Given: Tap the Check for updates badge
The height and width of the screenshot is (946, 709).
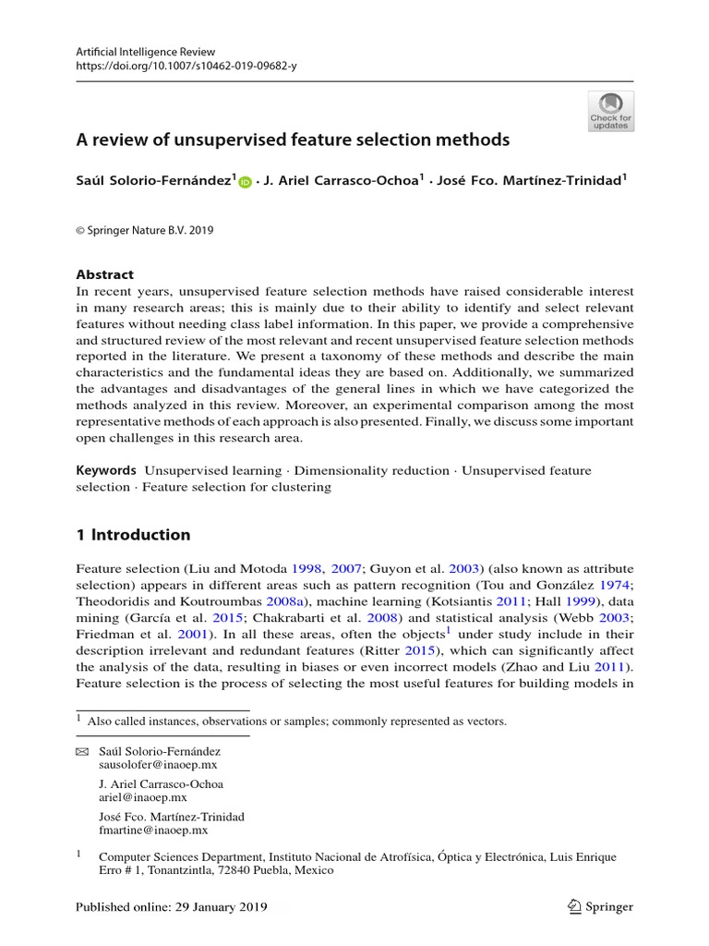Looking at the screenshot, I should click(x=610, y=112).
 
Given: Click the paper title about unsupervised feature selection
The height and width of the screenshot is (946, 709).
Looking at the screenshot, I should click(x=293, y=140).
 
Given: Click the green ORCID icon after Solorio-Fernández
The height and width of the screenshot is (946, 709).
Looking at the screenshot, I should click(x=245, y=183).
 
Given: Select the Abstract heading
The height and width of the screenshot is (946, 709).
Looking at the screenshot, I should click(x=104, y=274).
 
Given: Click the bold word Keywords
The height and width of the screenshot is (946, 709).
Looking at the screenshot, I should click(x=106, y=470).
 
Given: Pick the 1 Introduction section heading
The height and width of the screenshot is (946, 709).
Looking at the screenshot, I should click(x=133, y=535).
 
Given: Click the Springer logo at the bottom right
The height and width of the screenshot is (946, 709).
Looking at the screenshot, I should click(x=601, y=906).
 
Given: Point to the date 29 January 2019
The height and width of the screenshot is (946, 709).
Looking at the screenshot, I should click(x=221, y=907).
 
